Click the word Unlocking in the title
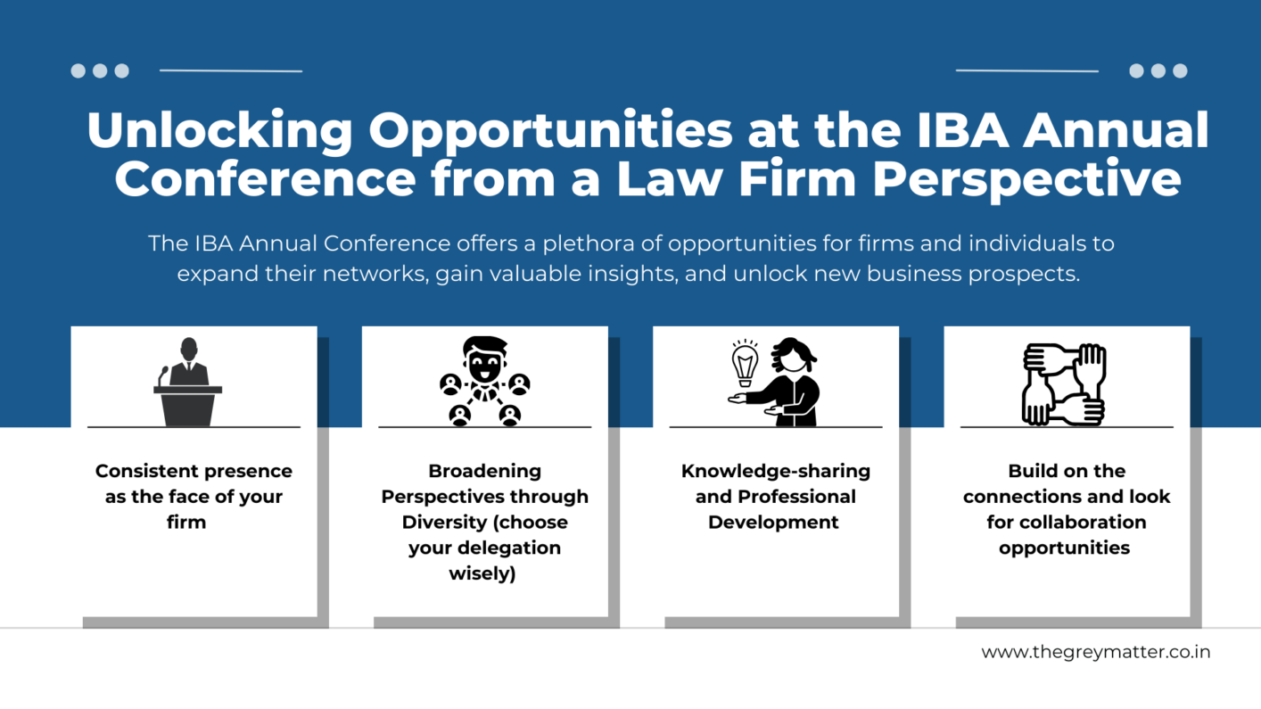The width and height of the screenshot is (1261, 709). click(219, 130)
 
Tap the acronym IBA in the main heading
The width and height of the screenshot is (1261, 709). click(962, 130)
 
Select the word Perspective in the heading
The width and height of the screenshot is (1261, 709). click(1027, 179)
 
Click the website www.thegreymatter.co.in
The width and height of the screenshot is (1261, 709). click(1095, 652)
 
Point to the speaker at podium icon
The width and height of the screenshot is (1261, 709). click(188, 382)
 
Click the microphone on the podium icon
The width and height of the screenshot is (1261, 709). click(162, 375)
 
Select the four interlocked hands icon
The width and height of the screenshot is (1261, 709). click(1064, 384)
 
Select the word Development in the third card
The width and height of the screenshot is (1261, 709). click(773, 523)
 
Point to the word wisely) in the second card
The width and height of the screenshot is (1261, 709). click(482, 573)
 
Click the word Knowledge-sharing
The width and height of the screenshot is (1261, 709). click(776, 472)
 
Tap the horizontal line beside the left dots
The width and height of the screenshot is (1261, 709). click(231, 70)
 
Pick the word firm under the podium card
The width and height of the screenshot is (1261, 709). click(186, 522)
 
